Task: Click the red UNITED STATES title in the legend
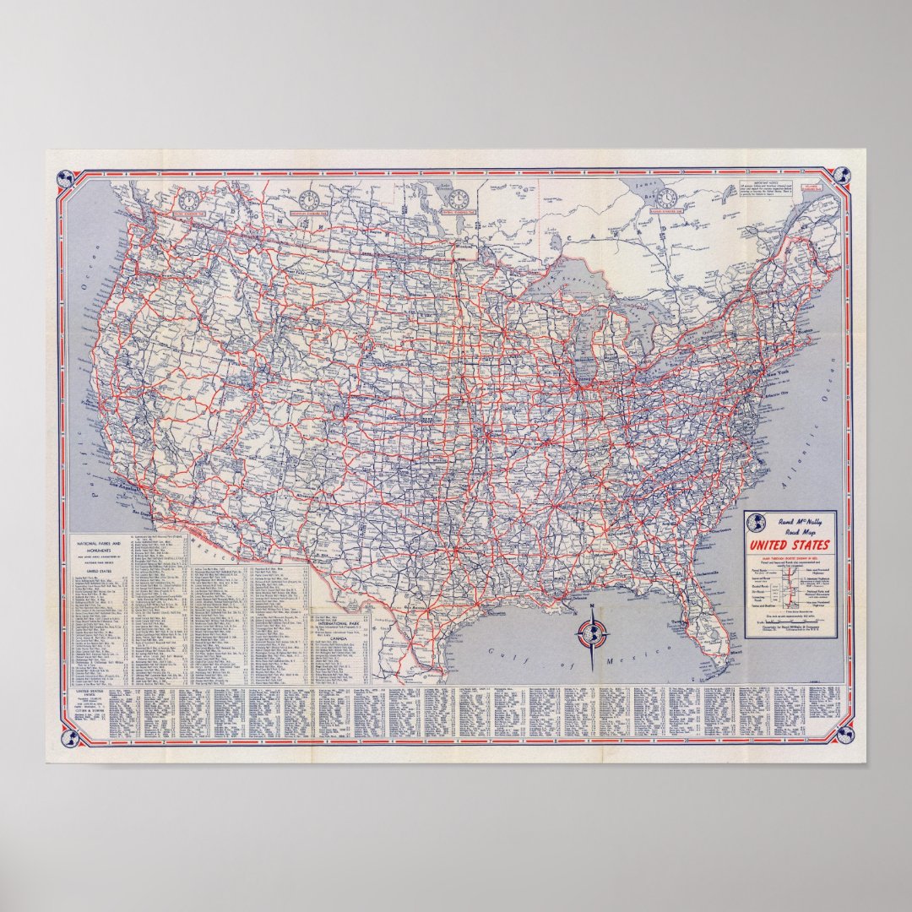click(790, 545)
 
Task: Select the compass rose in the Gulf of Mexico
click(592, 632)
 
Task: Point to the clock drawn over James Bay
click(667, 197)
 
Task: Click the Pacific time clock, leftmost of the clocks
click(188, 201)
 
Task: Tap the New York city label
click(777, 372)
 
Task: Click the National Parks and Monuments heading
click(99, 546)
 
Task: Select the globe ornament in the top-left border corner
click(63, 178)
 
